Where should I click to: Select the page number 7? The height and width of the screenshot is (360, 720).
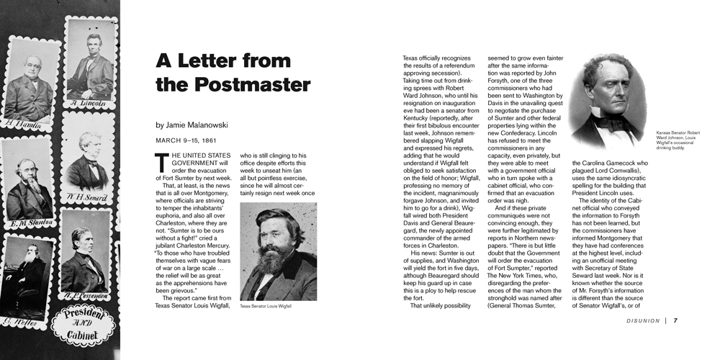[x=675, y=320]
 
